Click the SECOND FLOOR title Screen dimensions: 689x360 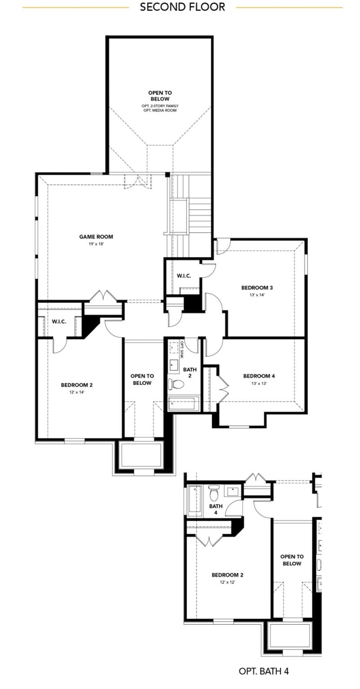click(x=182, y=7)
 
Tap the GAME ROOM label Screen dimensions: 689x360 click(x=96, y=237)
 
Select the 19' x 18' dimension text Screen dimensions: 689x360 click(x=96, y=244)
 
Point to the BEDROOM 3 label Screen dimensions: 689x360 click(x=257, y=288)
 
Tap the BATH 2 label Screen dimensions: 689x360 click(x=190, y=372)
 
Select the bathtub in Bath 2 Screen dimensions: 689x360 click(x=183, y=403)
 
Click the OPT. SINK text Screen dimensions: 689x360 click(x=182, y=350)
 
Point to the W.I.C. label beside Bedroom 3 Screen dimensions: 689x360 click(x=184, y=276)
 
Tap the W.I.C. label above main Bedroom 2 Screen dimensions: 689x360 click(x=59, y=322)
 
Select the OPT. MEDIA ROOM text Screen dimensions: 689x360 click(x=160, y=110)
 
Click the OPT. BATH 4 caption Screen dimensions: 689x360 click(x=264, y=672)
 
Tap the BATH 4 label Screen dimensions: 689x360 click(x=216, y=509)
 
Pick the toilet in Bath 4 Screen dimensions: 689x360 click(x=214, y=493)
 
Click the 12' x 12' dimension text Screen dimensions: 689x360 click(x=227, y=582)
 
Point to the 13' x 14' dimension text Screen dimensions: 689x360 click(x=257, y=295)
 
